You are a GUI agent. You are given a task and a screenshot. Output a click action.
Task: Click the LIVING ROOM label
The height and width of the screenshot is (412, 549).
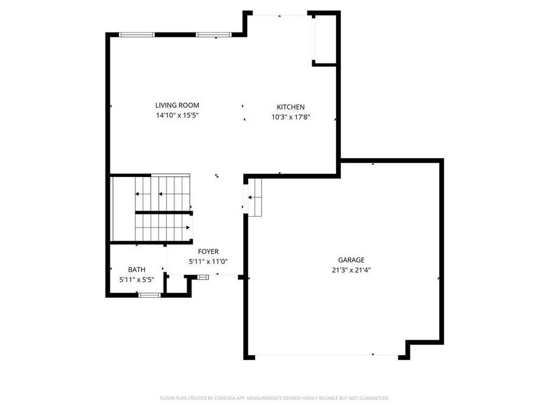[x=177, y=105]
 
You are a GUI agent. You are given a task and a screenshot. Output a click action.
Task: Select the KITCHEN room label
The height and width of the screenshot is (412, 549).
[x=290, y=107]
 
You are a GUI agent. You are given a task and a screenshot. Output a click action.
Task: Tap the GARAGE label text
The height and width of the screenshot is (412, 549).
[x=351, y=260]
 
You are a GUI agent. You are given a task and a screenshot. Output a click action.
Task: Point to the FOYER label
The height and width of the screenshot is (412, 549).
[x=208, y=251]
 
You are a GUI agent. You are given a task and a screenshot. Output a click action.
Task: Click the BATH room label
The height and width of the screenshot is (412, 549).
[x=137, y=269]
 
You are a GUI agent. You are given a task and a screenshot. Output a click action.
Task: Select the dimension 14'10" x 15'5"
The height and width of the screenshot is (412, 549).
[x=177, y=115]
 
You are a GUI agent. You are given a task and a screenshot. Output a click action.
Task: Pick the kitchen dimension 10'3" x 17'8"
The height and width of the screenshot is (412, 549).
[x=291, y=117]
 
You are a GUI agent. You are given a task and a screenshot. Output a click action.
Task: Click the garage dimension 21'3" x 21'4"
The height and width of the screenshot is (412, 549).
[x=351, y=270]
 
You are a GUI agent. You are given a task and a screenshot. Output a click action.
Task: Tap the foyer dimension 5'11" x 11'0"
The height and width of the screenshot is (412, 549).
[x=208, y=261]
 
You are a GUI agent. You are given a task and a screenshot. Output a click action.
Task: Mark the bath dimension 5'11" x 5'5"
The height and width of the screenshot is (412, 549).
[x=137, y=280]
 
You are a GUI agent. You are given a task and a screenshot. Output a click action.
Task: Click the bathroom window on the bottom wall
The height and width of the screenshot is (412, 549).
[x=149, y=295]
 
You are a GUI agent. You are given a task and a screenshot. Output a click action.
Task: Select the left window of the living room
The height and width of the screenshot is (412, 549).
[x=137, y=35]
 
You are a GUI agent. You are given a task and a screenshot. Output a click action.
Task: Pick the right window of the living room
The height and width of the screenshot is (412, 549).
[x=213, y=35]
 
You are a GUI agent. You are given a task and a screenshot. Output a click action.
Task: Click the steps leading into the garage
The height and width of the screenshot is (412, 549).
[x=254, y=198]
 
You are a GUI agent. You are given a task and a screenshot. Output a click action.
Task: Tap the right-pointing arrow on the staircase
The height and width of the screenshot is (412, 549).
[x=188, y=226]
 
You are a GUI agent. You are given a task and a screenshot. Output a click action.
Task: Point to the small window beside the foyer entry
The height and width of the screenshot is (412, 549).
[x=203, y=276]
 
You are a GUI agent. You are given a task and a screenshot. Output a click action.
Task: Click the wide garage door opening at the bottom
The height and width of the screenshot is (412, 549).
[x=326, y=355]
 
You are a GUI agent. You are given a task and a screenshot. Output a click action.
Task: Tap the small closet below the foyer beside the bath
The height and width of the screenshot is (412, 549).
[x=177, y=286]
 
